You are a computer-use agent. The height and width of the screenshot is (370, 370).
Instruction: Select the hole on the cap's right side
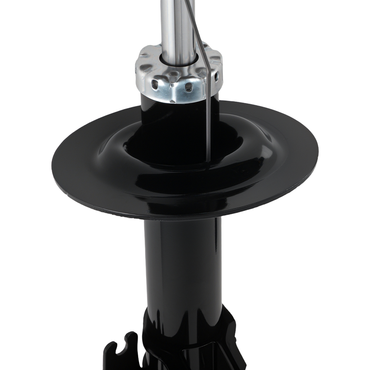(x=216, y=76)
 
